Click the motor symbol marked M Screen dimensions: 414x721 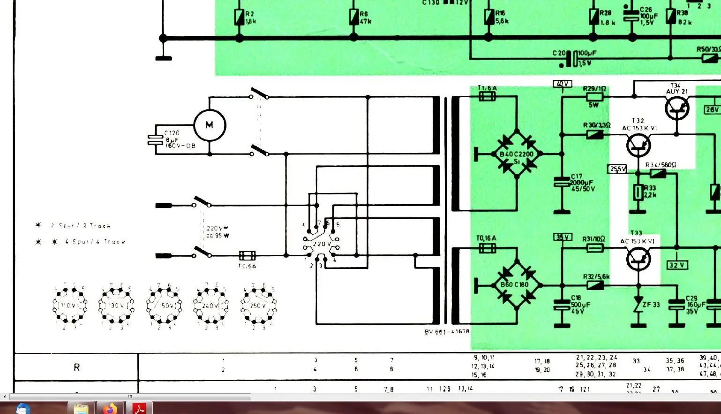[x=210, y=125]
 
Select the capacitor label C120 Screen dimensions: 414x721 [x=172, y=133]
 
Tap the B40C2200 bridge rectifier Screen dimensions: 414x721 [x=517, y=154]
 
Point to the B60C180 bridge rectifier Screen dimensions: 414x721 [x=516, y=285]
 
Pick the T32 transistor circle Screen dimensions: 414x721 [x=638, y=145]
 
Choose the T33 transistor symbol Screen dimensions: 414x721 [x=638, y=259]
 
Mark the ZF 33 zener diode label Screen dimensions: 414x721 [x=651, y=305]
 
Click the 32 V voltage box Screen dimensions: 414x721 [x=676, y=265]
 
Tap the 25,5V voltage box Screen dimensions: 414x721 [x=617, y=169]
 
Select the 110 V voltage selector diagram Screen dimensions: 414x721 [x=69, y=306]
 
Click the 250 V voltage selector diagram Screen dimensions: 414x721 [x=258, y=306]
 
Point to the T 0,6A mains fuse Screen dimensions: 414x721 [x=247, y=256]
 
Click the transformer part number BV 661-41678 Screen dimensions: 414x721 [x=447, y=331]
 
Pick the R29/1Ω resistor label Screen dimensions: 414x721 [x=594, y=89]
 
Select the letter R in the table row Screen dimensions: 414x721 [x=76, y=367]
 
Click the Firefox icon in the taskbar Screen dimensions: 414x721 [x=110, y=408]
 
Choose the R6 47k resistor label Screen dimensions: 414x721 [x=365, y=18]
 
